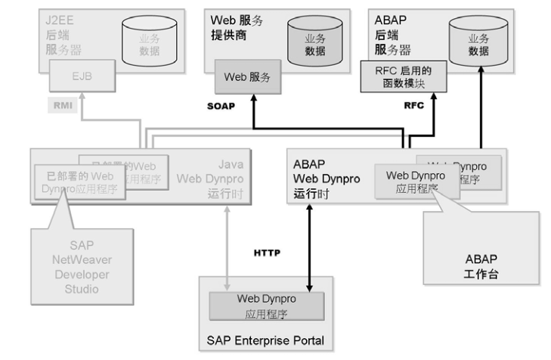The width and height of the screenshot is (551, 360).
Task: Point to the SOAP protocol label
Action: tap(221, 107)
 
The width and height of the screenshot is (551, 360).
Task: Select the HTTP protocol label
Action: tap(267, 253)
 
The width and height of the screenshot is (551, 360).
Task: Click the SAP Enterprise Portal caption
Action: tap(265, 340)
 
